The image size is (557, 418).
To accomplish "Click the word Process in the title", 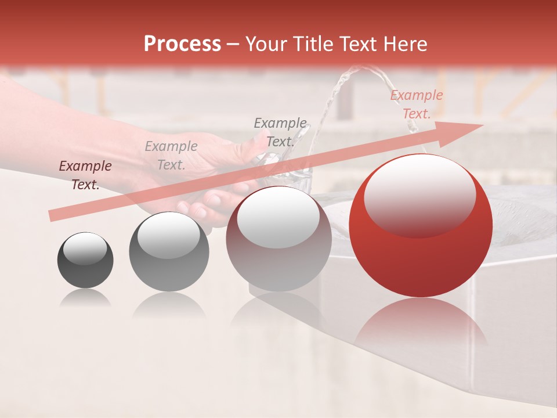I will pyautogui.click(x=182, y=44).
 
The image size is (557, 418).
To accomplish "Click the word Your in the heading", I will pyautogui.click(x=267, y=44).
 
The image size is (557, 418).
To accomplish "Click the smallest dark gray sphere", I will pyautogui.click(x=85, y=260).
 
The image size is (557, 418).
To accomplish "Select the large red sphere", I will pyautogui.click(x=421, y=232).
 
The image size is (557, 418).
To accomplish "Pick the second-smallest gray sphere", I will pyautogui.click(x=169, y=251).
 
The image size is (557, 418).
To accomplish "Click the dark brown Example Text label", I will pyautogui.click(x=85, y=175).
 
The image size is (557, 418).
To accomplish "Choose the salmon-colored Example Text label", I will pyautogui.click(x=416, y=105).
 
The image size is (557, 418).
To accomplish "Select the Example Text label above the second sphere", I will pyautogui.click(x=171, y=156).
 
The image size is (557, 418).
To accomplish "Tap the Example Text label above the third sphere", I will pyautogui.click(x=280, y=132).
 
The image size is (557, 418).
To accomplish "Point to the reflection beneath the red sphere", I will pyautogui.click(x=421, y=325).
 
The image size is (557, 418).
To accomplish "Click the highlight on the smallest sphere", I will pyautogui.click(x=85, y=248).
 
